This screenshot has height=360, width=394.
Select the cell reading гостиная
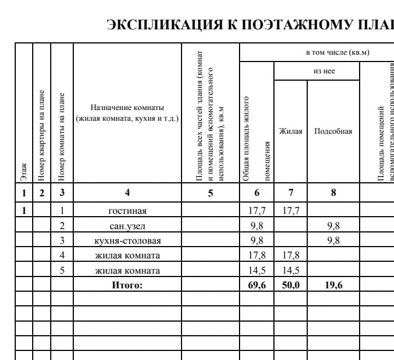127,211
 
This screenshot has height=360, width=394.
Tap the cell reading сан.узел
127,226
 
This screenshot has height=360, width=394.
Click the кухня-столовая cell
127,241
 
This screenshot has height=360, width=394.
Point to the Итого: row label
127,285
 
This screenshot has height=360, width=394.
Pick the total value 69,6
257,285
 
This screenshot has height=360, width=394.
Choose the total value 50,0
291,285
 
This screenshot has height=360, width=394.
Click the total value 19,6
334,285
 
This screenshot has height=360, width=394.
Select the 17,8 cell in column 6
257,256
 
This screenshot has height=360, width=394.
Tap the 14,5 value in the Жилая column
291,270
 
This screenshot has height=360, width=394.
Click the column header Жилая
291,131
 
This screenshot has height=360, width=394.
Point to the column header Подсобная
333,131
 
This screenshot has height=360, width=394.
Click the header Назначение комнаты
127,107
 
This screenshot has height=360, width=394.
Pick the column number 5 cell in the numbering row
211,192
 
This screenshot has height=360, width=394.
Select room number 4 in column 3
62,256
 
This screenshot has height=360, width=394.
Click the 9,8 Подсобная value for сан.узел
334,226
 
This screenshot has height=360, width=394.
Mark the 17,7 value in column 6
257,211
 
